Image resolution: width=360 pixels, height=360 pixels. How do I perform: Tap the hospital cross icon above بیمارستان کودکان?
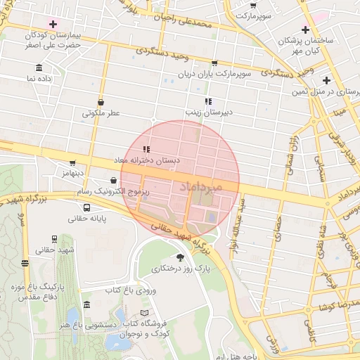pyautogui.click(x=53, y=24)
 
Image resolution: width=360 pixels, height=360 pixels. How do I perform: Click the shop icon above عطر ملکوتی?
pyautogui.click(x=101, y=102)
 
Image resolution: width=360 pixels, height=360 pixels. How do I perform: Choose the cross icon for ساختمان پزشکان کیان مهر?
pyautogui.click(x=305, y=30)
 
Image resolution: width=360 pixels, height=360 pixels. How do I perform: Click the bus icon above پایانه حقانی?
pyautogui.click(x=86, y=208)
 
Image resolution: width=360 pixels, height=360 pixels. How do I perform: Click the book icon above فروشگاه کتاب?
pyautogui.click(x=145, y=312)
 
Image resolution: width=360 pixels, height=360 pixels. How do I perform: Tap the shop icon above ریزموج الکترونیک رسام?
pyautogui.click(x=113, y=180)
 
